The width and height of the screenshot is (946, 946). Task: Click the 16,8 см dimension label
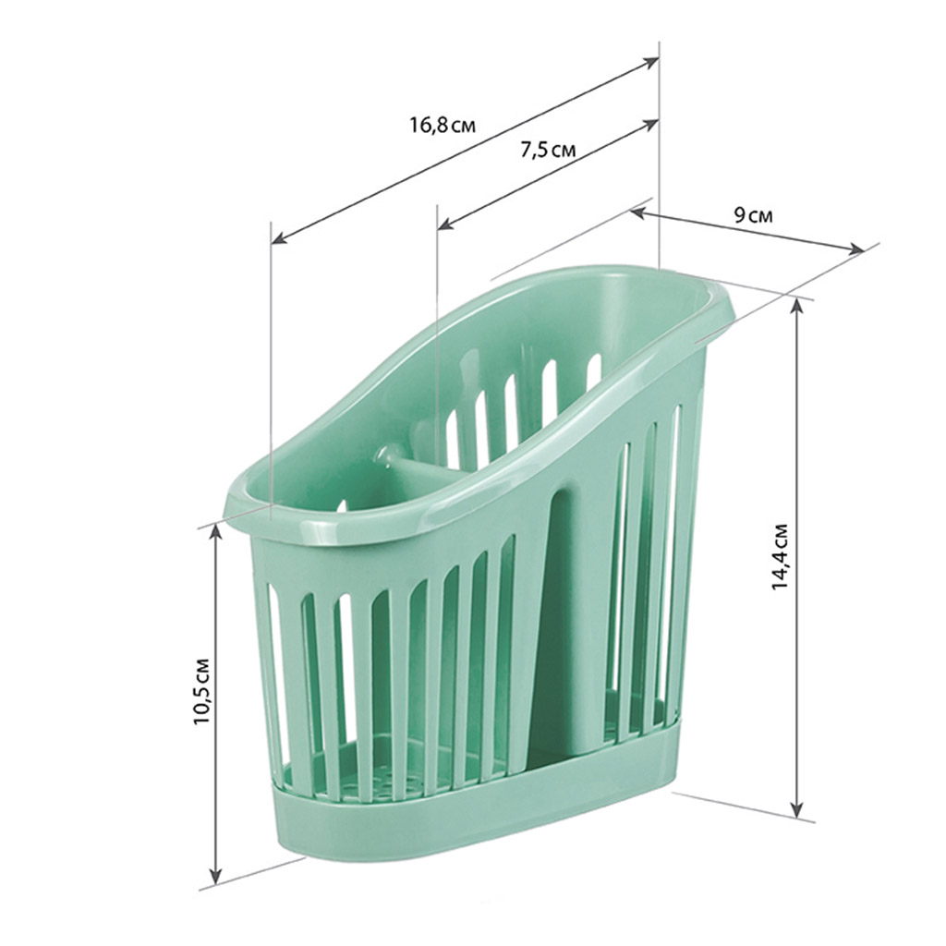pos(443,126)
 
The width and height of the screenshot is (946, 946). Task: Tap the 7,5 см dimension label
pos(548,149)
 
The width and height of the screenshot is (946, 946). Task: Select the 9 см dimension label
pos(752,214)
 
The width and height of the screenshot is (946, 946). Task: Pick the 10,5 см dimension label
pos(202,690)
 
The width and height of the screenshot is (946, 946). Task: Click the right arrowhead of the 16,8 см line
pos(650,61)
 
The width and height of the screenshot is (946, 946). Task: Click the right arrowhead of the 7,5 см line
pos(650,125)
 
